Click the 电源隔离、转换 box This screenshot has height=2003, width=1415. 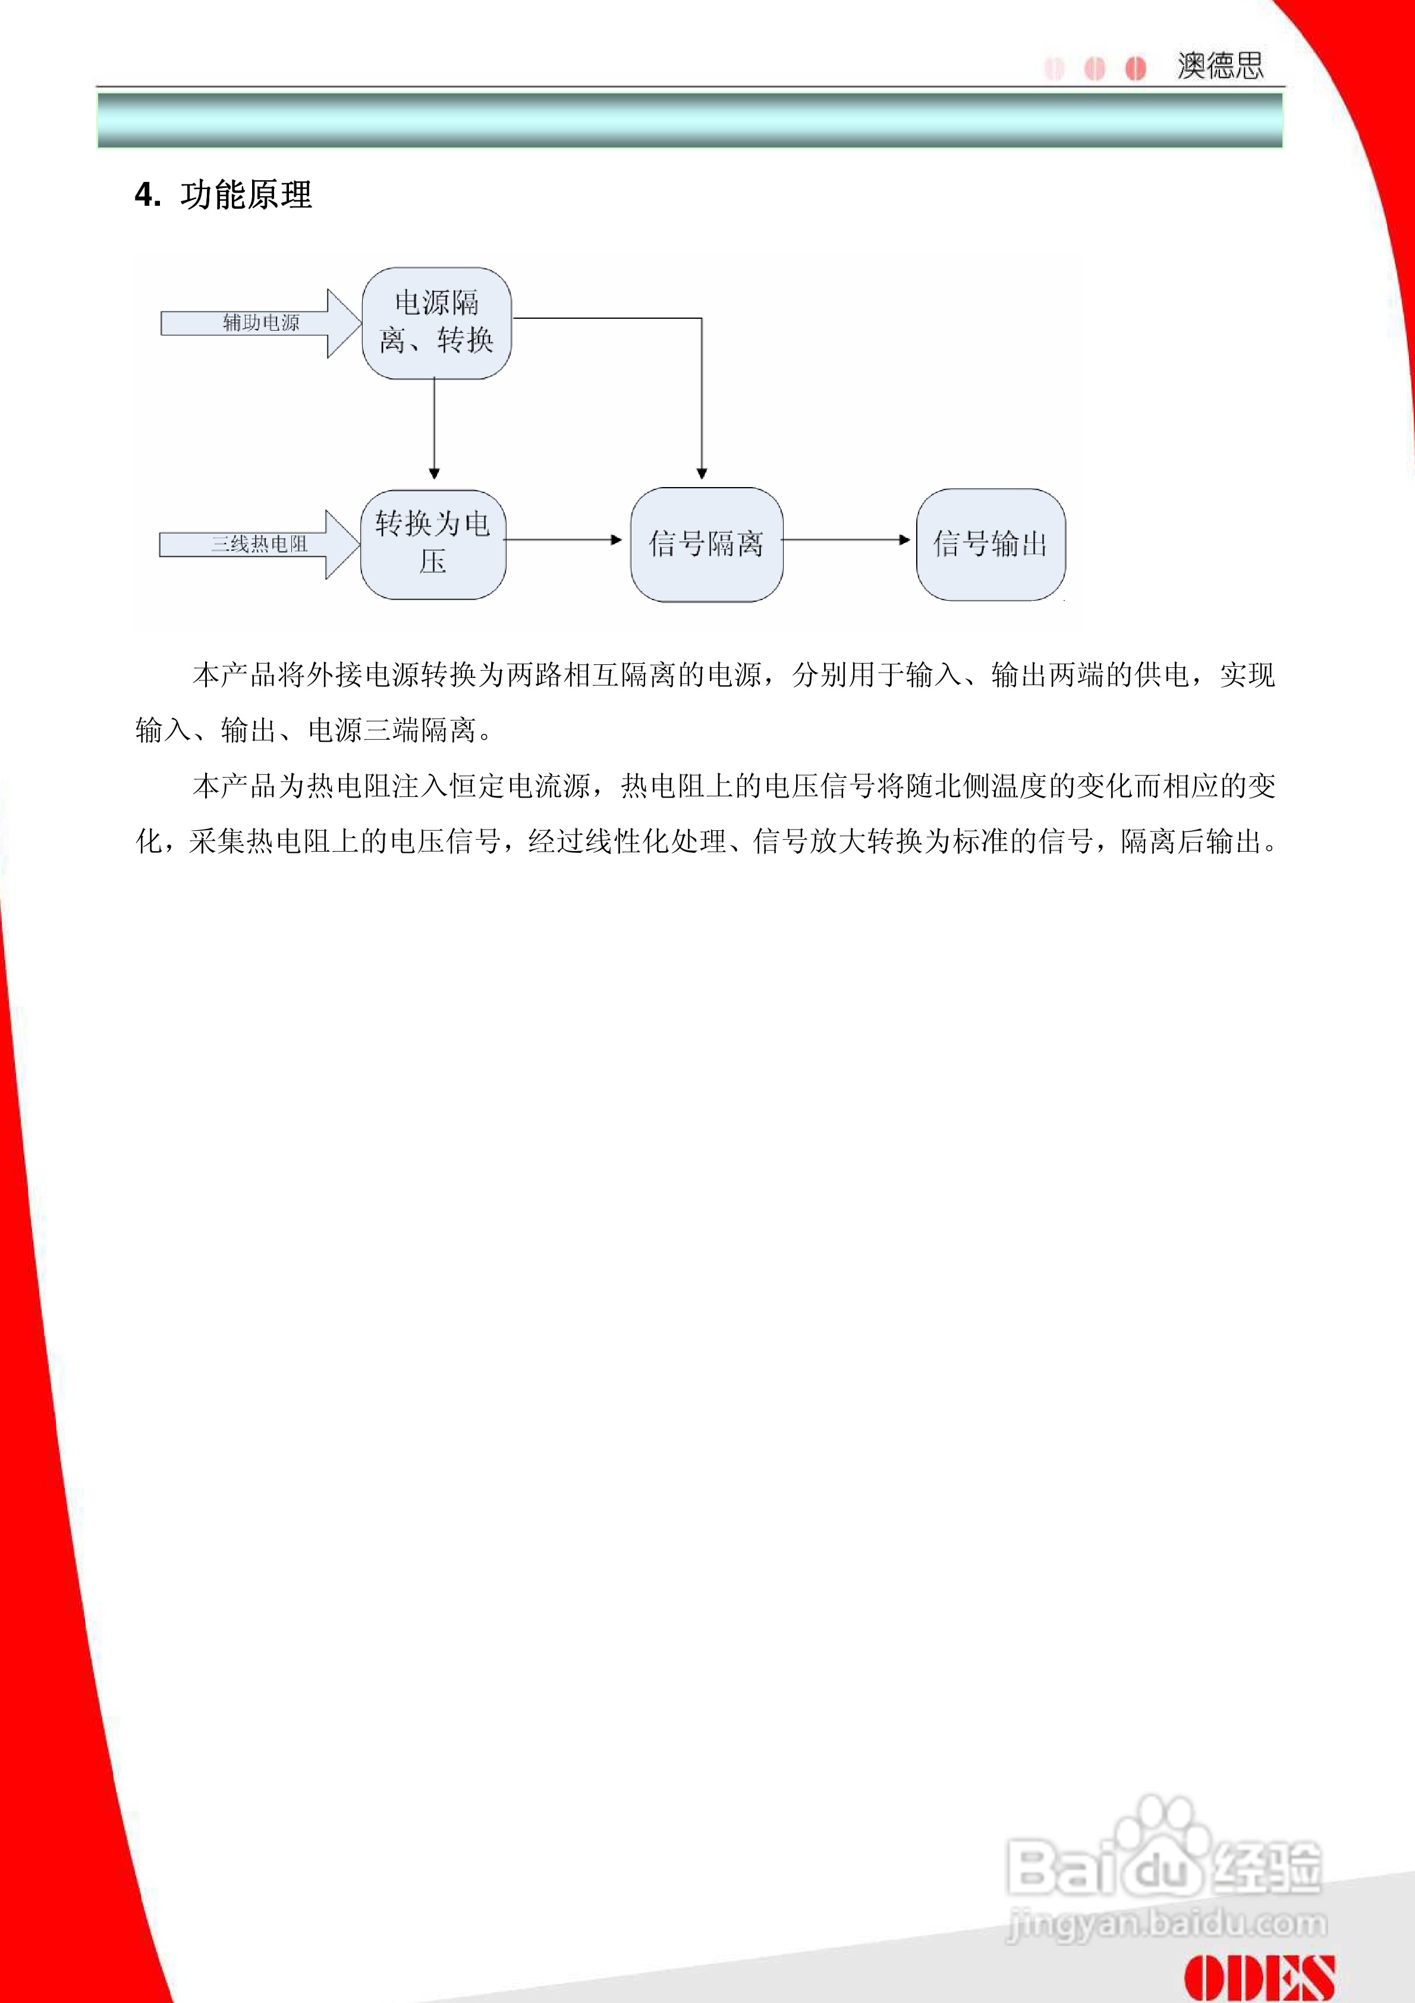click(x=436, y=323)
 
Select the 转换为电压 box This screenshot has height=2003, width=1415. click(x=433, y=544)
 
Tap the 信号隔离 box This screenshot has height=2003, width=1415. click(x=706, y=544)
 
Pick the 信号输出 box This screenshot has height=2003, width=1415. click(x=990, y=544)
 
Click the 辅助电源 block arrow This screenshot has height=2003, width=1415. click(x=260, y=324)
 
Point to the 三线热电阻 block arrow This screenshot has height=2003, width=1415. click(x=258, y=544)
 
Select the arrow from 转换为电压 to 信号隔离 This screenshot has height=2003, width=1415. click(x=562, y=540)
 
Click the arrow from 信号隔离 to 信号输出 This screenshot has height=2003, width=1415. click(x=845, y=540)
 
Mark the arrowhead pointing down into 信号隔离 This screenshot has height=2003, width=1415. click(x=702, y=473)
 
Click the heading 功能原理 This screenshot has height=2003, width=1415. click(x=246, y=194)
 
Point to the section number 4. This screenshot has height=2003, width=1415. click(x=147, y=194)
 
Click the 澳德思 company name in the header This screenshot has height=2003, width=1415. click(x=1219, y=65)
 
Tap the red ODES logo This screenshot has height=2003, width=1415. click(x=1259, y=1977)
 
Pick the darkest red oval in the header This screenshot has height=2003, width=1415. click(x=1135, y=68)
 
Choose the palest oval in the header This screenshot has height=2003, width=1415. click(x=1054, y=68)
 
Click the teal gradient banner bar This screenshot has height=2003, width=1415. click(x=689, y=120)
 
